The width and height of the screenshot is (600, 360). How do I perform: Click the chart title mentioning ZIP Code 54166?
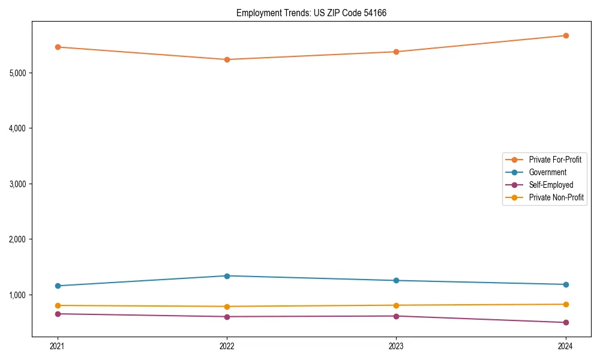click(x=311, y=13)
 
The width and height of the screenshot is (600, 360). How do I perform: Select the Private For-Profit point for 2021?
click(x=58, y=47)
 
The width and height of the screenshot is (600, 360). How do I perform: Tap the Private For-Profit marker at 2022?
click(x=227, y=59)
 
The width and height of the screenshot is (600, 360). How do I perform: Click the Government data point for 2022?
click(x=227, y=276)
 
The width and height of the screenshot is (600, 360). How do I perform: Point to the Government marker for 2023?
click(x=396, y=281)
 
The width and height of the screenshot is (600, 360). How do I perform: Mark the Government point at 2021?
click(x=58, y=286)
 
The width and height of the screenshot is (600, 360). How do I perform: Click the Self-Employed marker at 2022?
click(x=227, y=317)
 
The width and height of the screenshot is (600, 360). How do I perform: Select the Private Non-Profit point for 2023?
click(x=396, y=305)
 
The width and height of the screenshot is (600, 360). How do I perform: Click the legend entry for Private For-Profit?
click(x=555, y=160)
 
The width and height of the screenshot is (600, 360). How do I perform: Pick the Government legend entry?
click(x=547, y=172)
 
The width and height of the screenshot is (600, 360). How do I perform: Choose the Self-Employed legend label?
click(x=551, y=185)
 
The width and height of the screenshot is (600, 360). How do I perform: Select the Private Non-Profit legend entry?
click(x=556, y=197)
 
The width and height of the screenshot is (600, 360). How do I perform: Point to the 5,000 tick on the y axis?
click(x=18, y=73)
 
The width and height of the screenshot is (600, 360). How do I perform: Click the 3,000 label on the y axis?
click(x=18, y=184)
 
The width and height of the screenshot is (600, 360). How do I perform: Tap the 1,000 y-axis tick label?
click(x=18, y=295)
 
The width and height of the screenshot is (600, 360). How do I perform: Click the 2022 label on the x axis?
click(x=227, y=346)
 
